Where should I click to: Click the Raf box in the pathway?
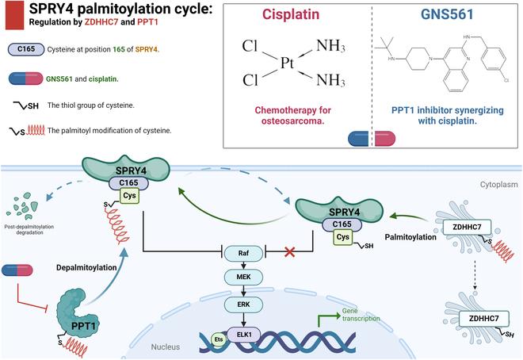[x=243, y=254]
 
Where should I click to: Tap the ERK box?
[x=243, y=304]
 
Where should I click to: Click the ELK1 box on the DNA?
[x=244, y=336]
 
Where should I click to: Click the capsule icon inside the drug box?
[x=366, y=139]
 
